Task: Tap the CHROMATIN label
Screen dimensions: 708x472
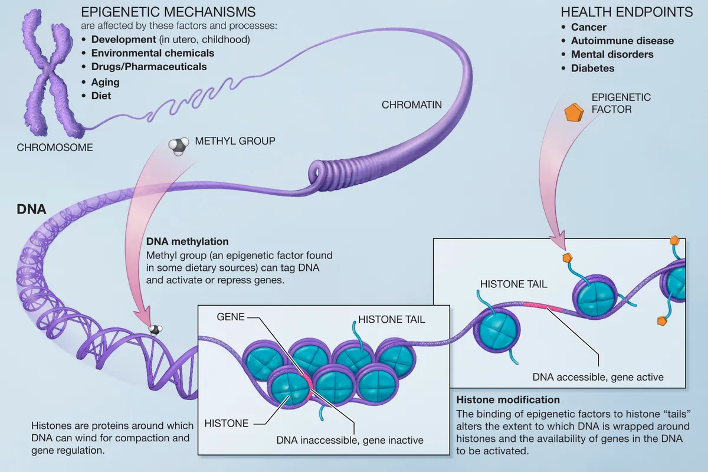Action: tap(412, 104)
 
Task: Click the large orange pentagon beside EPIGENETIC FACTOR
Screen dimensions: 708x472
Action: tap(573, 113)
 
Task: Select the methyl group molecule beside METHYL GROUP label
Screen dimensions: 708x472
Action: tap(179, 146)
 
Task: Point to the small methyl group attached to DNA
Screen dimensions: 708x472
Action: tap(155, 329)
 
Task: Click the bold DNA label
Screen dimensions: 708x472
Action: tap(31, 209)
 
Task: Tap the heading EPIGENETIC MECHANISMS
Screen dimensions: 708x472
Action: tap(168, 12)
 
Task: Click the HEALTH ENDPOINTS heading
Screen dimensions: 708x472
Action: tap(627, 12)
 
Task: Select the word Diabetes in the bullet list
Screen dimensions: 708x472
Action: tap(592, 68)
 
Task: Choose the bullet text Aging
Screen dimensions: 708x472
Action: tap(105, 82)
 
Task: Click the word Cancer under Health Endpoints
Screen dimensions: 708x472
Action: tap(589, 27)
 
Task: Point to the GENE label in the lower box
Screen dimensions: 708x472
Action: tap(231, 317)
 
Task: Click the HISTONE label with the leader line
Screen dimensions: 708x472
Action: tap(227, 423)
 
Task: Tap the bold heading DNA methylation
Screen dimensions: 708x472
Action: tap(187, 241)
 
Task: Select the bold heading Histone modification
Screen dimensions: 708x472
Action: tap(508, 399)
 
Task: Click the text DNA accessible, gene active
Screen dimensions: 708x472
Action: tap(598, 377)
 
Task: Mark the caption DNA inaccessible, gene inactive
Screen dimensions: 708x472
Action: tap(350, 440)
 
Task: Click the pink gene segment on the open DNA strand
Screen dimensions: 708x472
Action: tap(543, 306)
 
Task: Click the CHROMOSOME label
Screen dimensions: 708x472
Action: tap(55, 147)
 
